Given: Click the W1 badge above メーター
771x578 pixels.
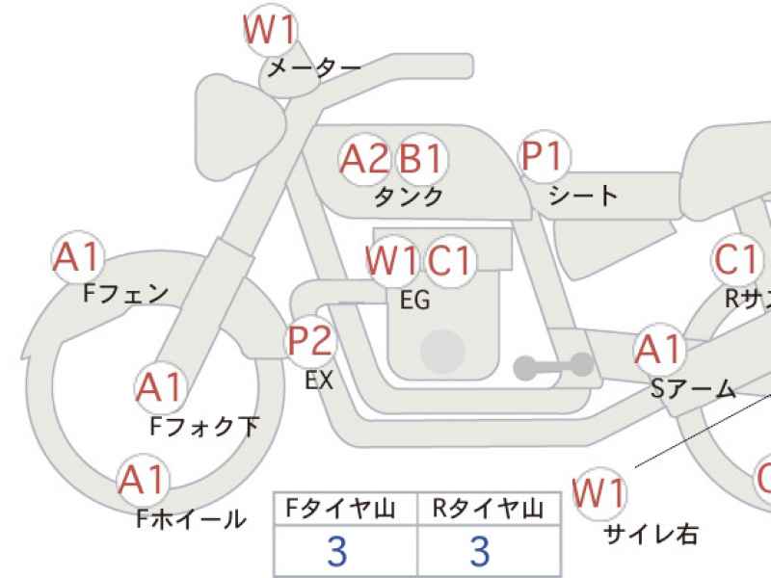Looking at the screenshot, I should (270, 32).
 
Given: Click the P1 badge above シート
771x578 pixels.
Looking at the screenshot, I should (545, 156).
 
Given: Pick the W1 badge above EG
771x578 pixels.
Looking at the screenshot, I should (391, 260).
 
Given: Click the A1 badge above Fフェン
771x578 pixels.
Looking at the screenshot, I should (77, 257).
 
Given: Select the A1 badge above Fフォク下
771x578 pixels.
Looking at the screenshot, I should (160, 387).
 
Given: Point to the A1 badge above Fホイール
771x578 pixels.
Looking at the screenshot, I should (143, 480).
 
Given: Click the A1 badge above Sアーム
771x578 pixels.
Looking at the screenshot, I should (660, 351).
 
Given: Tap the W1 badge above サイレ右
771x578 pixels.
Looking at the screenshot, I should (599, 493).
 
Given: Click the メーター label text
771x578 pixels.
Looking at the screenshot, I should (313, 68).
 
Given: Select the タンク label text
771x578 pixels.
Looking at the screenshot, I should (409, 197).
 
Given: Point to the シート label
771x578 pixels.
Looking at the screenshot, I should (582, 197).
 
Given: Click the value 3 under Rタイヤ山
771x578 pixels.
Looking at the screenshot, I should (479, 552).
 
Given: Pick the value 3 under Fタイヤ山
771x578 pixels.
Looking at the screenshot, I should (336, 552).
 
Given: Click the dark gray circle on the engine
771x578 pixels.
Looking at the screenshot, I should (442, 351).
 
